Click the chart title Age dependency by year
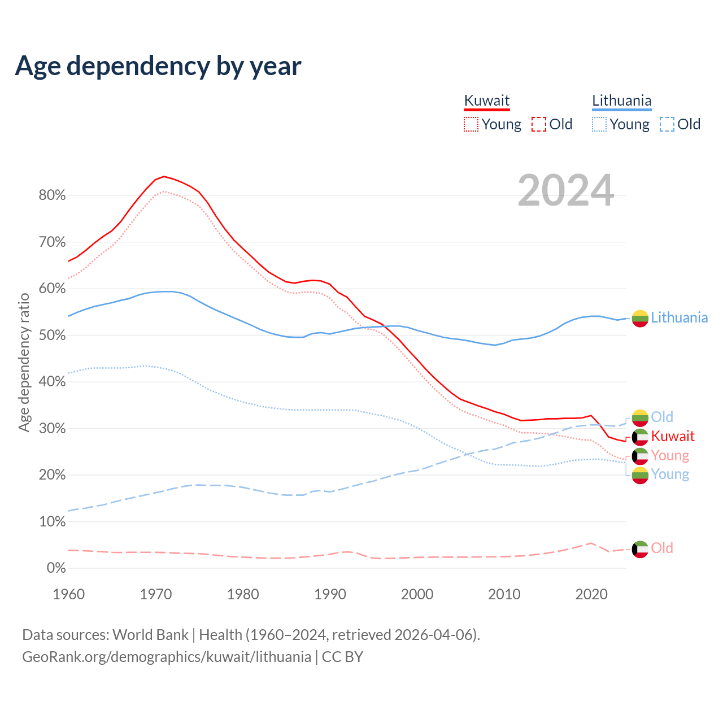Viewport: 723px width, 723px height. click(158, 66)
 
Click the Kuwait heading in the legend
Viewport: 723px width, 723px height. click(486, 101)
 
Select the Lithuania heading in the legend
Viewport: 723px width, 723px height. click(621, 101)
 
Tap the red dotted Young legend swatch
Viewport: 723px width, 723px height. click(471, 124)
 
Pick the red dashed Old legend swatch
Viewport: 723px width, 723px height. click(539, 124)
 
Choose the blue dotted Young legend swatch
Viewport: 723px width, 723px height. click(599, 124)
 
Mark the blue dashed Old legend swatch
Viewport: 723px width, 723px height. click(667, 124)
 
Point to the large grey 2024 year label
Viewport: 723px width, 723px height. click(565, 191)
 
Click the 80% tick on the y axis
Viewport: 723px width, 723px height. click(52, 195)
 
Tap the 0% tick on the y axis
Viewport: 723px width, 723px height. click(55, 568)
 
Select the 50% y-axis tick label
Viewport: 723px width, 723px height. click(52, 336)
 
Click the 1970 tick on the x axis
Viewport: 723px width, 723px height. click(156, 594)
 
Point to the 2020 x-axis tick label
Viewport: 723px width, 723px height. click(591, 594)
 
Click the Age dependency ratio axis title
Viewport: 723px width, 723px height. click(24, 362)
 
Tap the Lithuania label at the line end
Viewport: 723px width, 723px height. click(679, 317)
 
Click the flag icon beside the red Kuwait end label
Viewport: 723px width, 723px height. click(640, 437)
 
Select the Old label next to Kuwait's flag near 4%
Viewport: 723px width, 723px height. click(662, 548)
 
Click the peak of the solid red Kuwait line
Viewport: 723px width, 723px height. click(164, 176)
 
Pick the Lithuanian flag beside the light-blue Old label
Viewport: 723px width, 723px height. click(640, 417)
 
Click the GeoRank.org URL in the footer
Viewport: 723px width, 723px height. click(167, 657)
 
